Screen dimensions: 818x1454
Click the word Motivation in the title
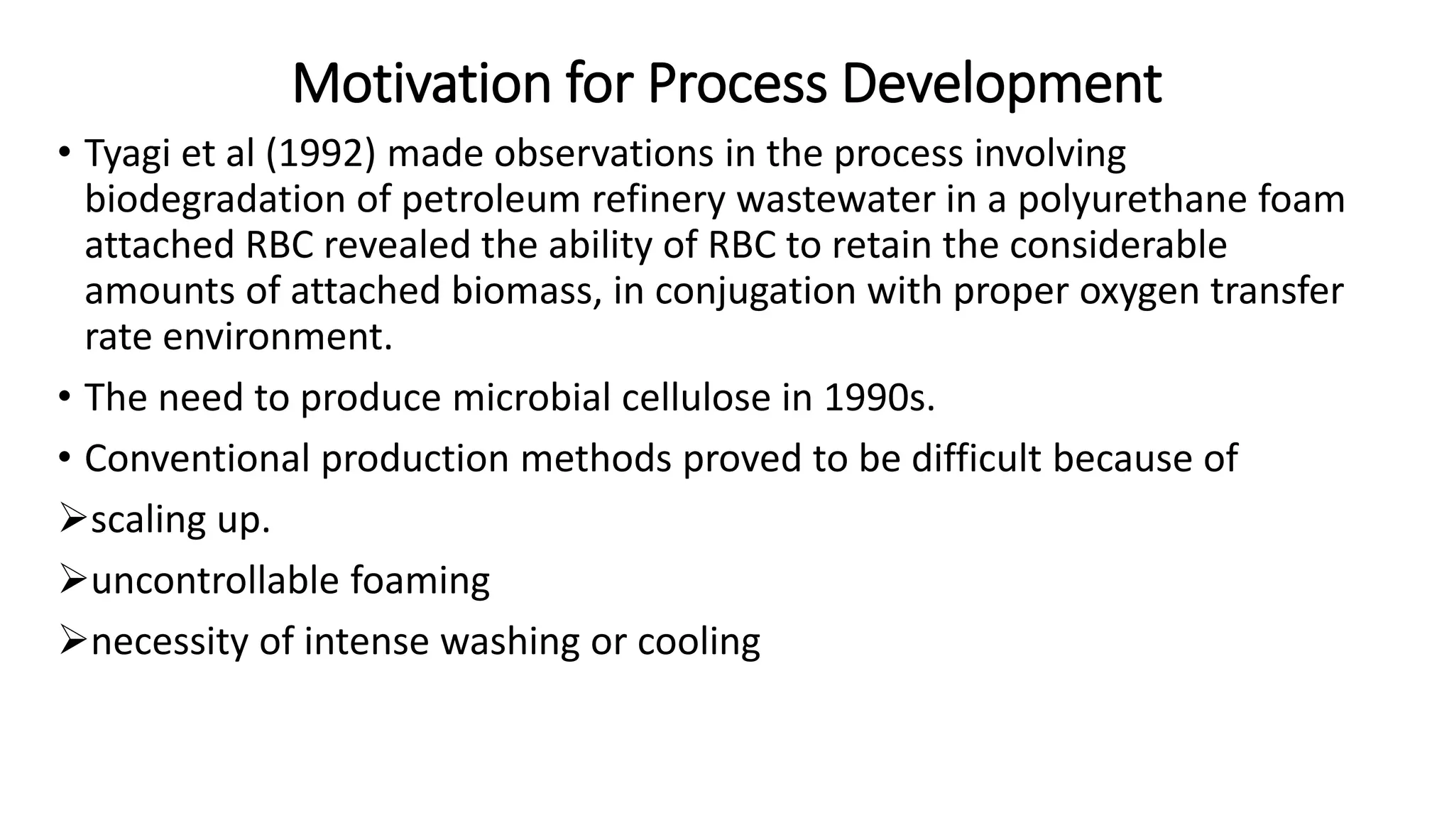421,84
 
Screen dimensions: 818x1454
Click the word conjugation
755,290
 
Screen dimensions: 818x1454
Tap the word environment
277,336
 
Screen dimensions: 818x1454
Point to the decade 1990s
879,397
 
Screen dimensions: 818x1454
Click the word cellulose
696,397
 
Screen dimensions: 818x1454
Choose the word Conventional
197,458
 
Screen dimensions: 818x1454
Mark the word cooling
699,641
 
